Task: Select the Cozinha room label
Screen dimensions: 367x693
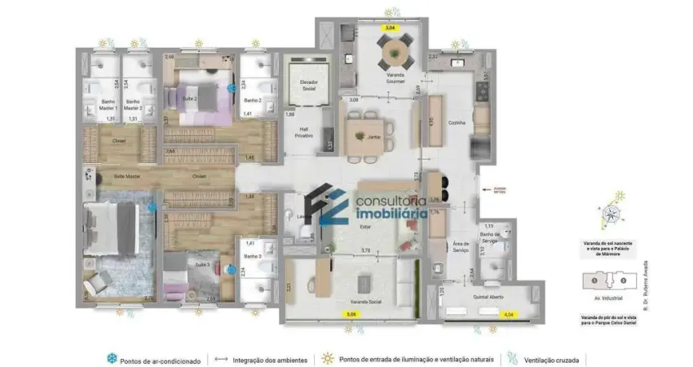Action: pos(457,122)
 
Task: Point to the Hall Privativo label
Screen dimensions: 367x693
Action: pos(304,132)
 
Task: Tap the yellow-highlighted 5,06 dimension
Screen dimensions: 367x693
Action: pos(351,313)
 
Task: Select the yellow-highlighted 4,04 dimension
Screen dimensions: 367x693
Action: pos(509,313)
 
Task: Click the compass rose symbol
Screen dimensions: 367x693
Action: pos(612,214)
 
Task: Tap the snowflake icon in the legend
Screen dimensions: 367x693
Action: pos(111,358)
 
